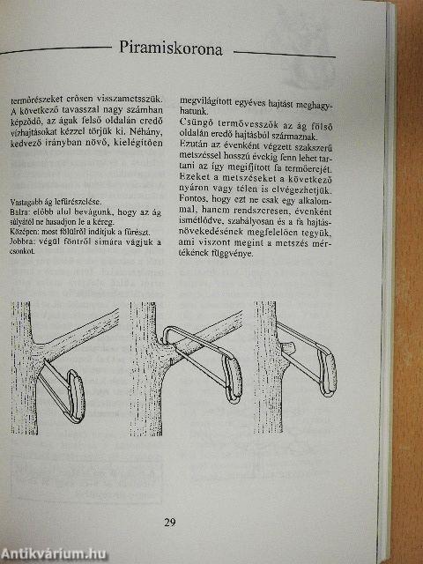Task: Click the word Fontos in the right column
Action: [x=197, y=199]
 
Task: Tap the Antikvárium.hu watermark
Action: [x=58, y=553]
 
